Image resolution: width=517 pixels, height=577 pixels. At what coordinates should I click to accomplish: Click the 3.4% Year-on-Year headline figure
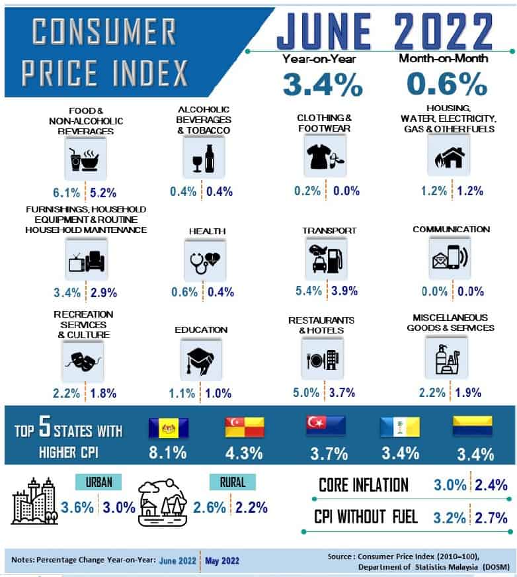322,84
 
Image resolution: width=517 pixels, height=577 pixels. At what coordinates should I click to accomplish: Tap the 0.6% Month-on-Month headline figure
446,84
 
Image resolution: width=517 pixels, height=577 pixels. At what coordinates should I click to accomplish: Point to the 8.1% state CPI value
167,454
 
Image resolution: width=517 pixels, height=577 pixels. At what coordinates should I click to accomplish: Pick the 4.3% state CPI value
244,454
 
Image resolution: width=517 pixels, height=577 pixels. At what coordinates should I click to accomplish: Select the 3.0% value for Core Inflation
450,485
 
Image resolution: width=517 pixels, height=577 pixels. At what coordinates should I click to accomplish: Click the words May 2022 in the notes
222,560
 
